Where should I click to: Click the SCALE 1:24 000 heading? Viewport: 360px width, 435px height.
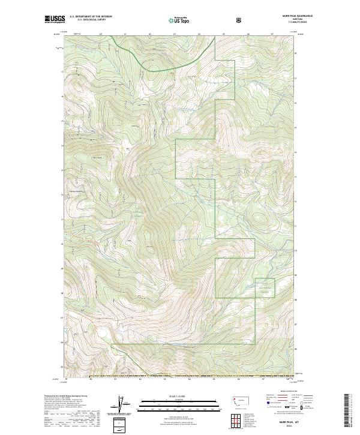click(163, 395)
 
